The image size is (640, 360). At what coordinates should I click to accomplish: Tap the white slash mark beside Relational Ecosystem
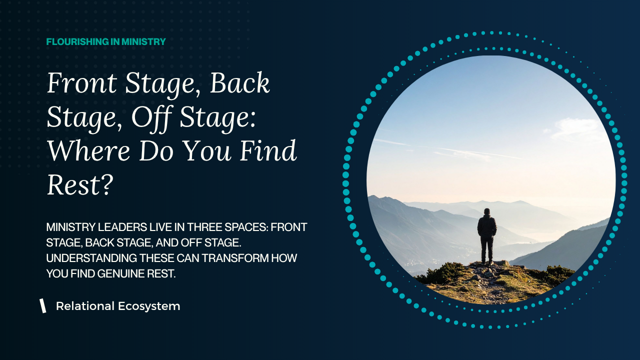[43, 305]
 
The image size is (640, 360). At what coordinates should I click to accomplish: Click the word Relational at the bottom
[85, 306]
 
